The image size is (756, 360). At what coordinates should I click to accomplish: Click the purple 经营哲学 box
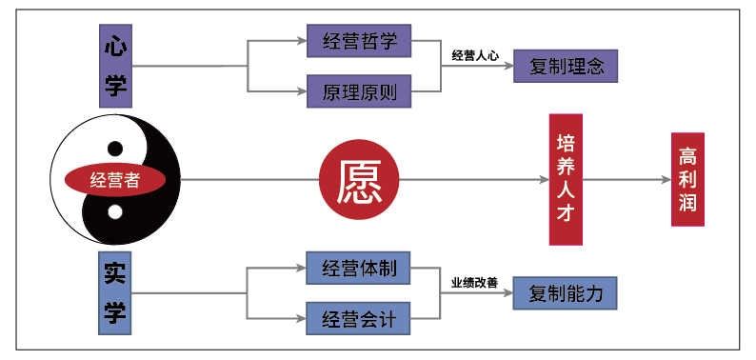pos(359,41)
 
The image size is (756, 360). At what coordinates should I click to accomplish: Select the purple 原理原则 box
pos(359,91)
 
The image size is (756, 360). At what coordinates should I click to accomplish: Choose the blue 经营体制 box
pos(358,268)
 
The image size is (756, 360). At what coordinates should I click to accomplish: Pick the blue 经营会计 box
pos(358,318)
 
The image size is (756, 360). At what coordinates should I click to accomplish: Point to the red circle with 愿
pos(359,180)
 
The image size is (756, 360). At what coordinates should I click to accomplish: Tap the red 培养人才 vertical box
pos(566,180)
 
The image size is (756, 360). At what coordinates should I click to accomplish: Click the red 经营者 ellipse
pos(115,180)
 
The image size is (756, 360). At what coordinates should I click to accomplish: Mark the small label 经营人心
pos(475,55)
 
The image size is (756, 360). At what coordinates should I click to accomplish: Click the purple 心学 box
pos(115,64)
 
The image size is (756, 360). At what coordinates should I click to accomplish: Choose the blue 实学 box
pos(115,292)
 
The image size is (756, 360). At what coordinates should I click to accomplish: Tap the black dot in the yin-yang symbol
pos(115,149)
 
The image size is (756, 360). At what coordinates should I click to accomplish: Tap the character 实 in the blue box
pos(115,272)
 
